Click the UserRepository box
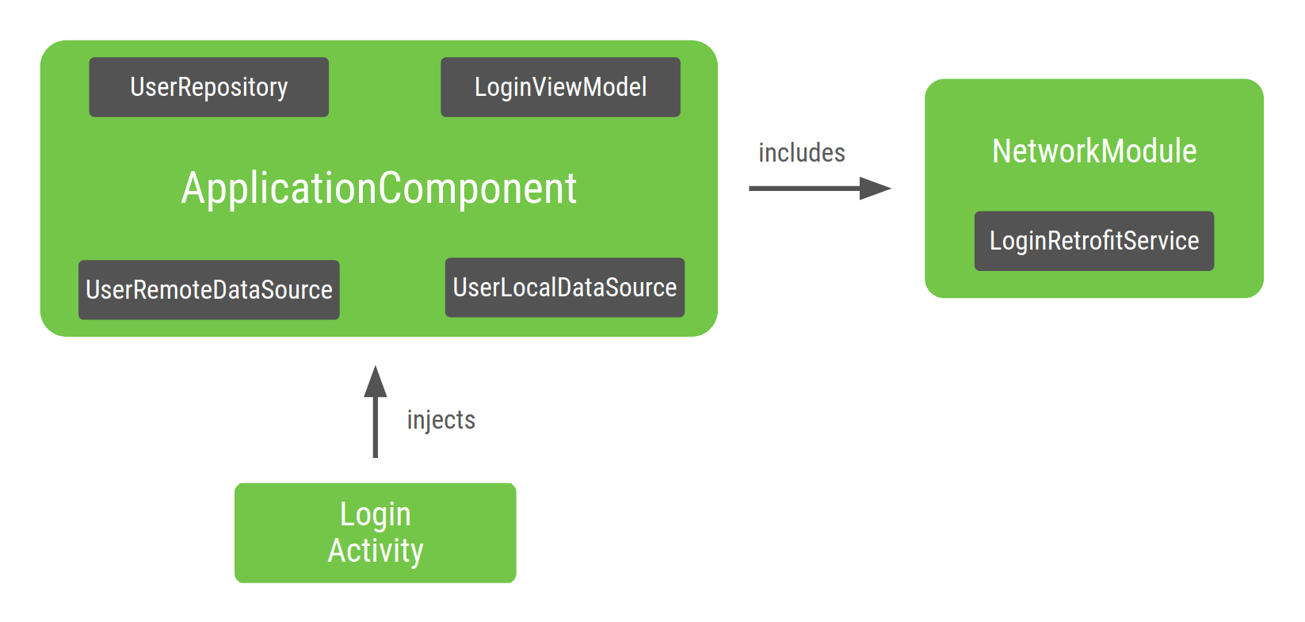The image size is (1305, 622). [x=208, y=87]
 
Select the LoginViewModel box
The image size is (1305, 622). [x=560, y=87]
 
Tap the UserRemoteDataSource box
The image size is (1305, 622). [x=208, y=290]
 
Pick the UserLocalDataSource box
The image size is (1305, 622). [x=564, y=288]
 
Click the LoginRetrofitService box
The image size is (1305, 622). [x=1093, y=241]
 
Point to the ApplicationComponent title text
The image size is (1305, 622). [x=379, y=189]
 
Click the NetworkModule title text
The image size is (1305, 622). [x=1094, y=151]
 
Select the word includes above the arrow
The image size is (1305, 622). [x=801, y=153]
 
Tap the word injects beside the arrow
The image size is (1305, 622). [x=441, y=420]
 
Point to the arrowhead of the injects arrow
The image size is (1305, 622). [x=376, y=383]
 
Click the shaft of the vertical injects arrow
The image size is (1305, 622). [x=376, y=428]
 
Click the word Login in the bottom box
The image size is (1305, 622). [x=376, y=515]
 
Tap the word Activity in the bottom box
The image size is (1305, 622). [x=376, y=551]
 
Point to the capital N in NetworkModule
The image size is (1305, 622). [x=1002, y=151]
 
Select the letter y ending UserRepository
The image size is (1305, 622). [x=282, y=90]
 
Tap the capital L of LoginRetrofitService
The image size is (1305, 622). [x=996, y=241]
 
